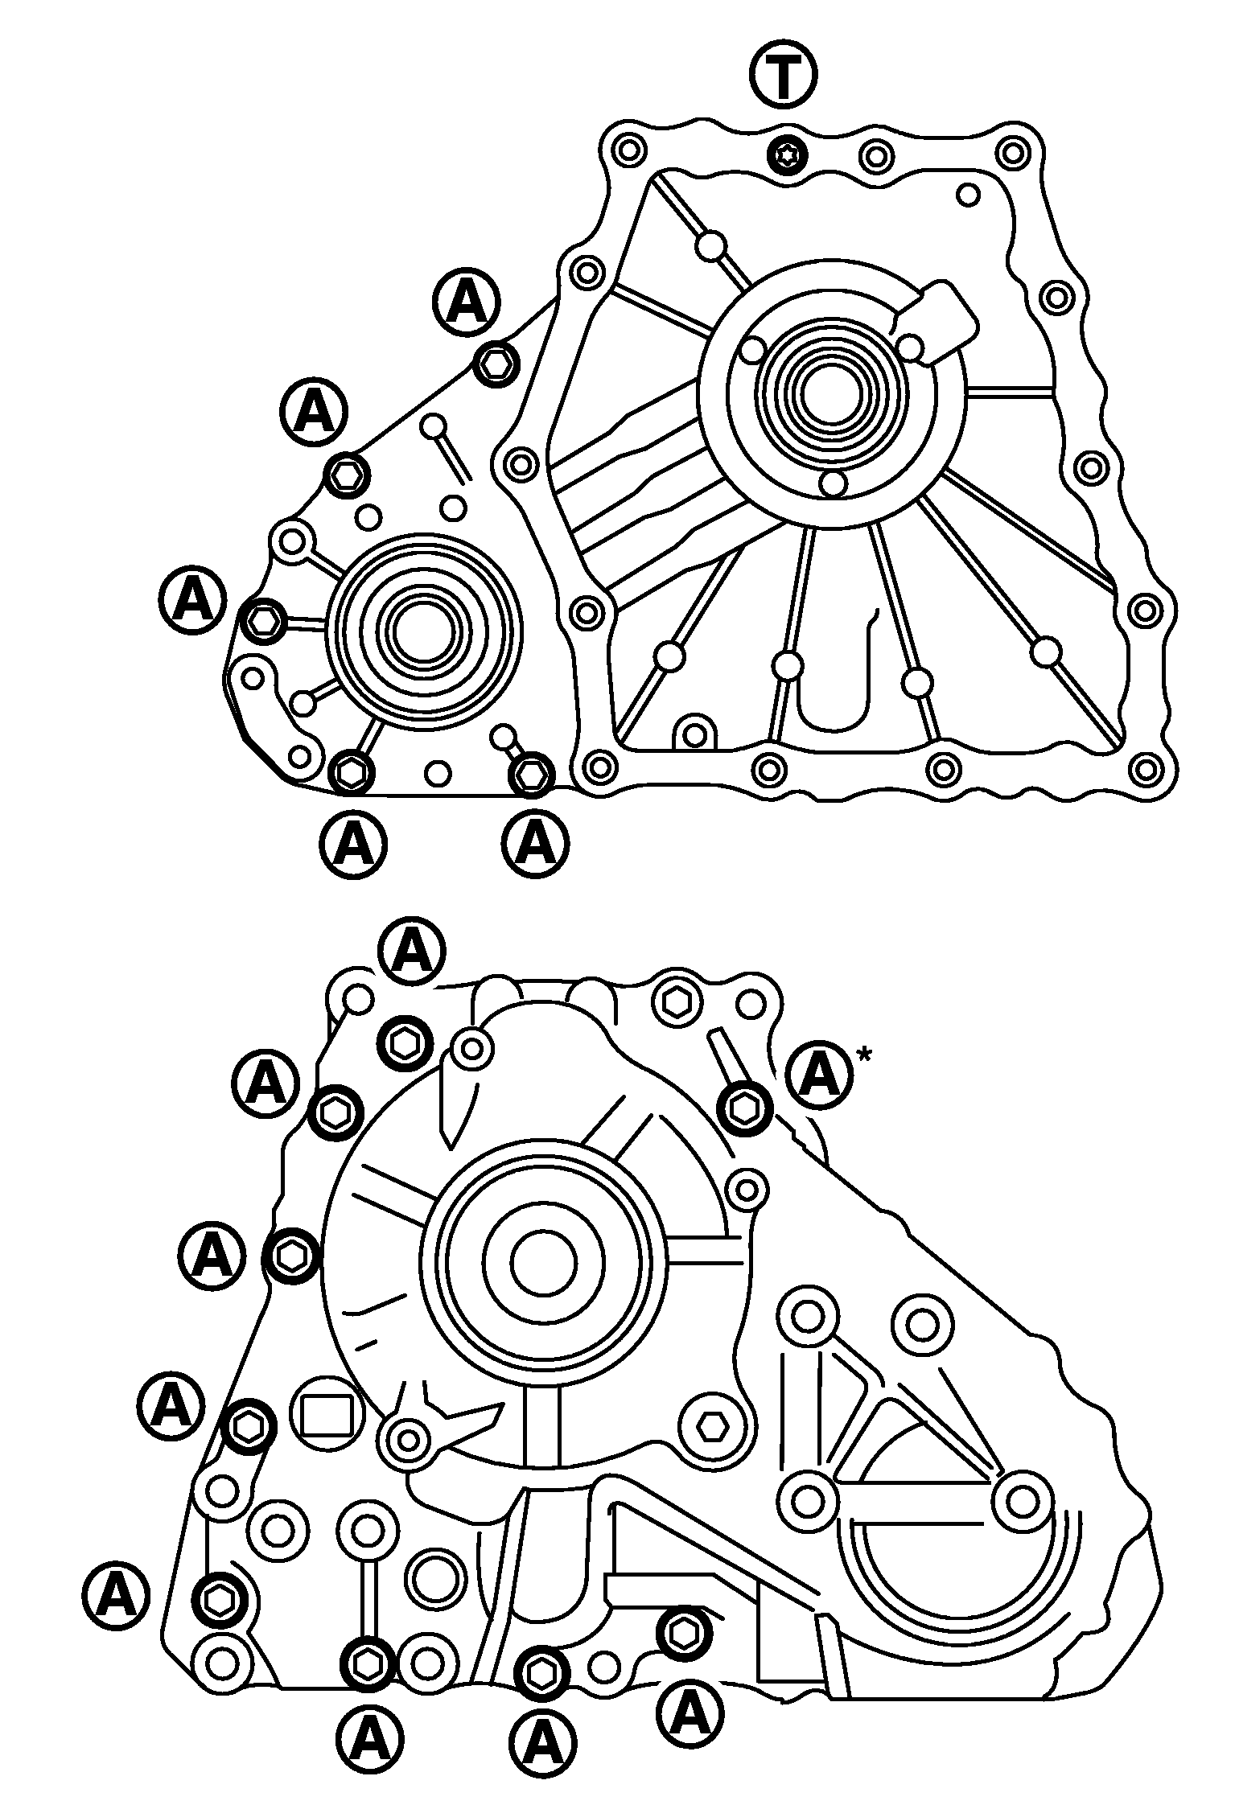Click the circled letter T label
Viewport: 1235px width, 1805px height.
click(783, 74)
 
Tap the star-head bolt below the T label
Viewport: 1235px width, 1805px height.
click(785, 153)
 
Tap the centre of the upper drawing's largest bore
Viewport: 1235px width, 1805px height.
click(832, 393)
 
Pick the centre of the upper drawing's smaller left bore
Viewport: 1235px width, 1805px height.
click(422, 623)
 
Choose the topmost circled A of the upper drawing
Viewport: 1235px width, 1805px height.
click(466, 301)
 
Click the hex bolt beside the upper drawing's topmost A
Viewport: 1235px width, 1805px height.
click(496, 366)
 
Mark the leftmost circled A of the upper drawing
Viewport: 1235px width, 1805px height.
click(191, 600)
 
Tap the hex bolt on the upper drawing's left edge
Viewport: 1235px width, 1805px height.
click(264, 621)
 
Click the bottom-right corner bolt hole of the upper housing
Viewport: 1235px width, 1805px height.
click(1146, 769)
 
